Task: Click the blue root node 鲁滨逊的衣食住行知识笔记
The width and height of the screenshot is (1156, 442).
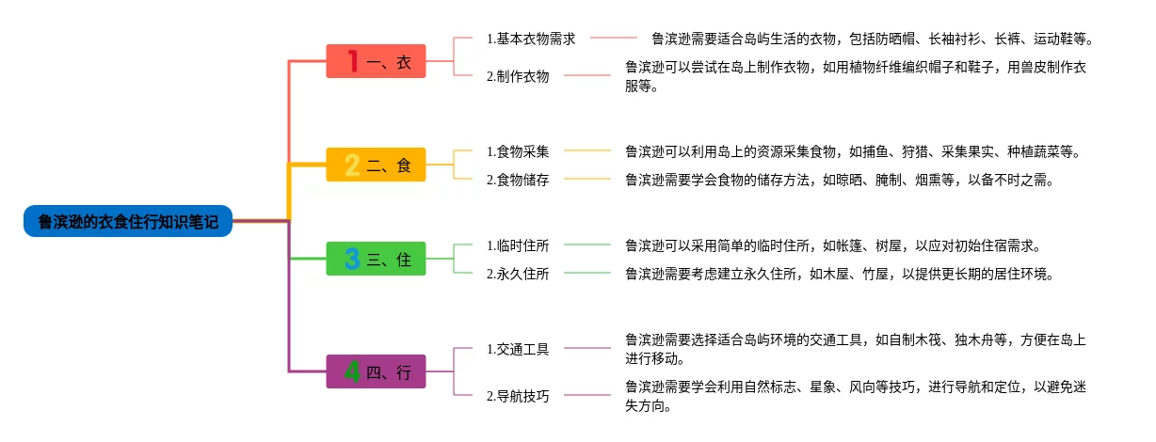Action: [128, 222]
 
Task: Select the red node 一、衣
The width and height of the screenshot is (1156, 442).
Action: [376, 62]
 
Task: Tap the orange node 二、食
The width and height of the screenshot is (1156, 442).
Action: [376, 166]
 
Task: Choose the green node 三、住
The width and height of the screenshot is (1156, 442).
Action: [376, 259]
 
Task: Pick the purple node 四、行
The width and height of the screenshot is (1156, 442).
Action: [376, 371]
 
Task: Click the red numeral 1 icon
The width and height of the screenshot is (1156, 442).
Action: [352, 62]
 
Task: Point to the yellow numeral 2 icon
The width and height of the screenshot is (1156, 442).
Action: [352, 166]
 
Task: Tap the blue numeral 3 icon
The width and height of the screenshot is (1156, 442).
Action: [352, 259]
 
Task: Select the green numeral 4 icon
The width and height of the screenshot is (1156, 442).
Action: [352, 371]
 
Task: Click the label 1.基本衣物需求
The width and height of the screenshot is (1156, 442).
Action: [531, 39]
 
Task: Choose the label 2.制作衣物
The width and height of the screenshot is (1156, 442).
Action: [518, 76]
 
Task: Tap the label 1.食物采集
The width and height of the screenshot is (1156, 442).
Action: [518, 150]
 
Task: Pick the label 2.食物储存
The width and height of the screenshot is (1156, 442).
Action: [518, 179]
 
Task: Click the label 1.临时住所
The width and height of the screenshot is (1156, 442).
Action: [518, 245]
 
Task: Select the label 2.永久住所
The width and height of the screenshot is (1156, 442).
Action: [518, 274]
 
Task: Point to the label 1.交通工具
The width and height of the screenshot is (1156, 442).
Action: [518, 349]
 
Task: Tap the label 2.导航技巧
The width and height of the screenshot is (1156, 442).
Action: [518, 396]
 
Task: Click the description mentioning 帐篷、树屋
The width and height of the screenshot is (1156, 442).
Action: [832, 245]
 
